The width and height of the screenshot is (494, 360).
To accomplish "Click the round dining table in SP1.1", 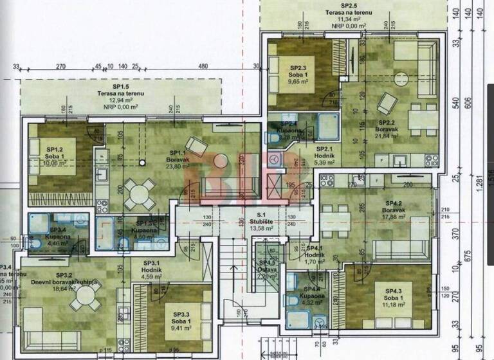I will point(139,191).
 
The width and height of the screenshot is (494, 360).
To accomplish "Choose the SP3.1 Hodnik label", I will point(152,268).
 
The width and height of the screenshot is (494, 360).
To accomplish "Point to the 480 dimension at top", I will point(203,66).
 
